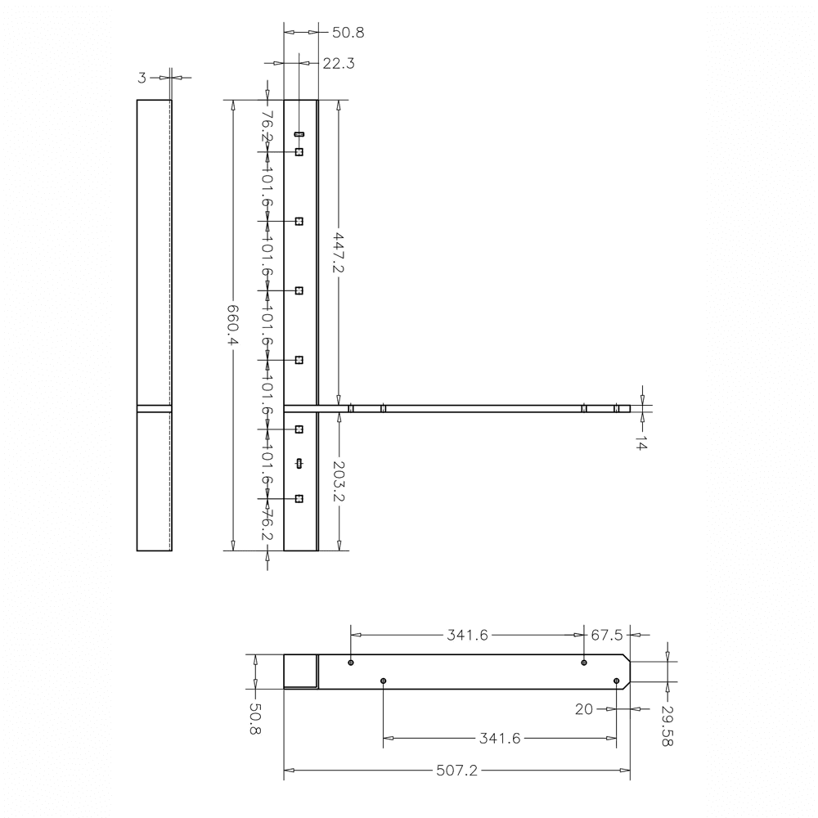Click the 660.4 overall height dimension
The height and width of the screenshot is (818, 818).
[232, 326]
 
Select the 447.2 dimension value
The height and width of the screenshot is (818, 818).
[338, 254]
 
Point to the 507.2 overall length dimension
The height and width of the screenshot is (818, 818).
[457, 770]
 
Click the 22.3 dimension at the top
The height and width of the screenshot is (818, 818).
[338, 63]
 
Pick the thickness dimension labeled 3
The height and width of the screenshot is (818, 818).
[142, 78]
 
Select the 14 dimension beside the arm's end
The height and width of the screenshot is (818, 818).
[640, 443]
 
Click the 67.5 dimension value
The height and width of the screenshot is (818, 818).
[607, 635]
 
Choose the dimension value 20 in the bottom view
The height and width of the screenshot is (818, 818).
[583, 709]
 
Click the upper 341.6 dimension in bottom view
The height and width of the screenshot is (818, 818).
[467, 635]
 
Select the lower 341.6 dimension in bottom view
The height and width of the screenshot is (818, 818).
[500, 738]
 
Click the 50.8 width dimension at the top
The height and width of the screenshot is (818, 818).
[348, 33]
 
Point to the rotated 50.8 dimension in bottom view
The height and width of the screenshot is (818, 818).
[254, 719]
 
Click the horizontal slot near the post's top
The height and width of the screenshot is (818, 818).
[299, 133]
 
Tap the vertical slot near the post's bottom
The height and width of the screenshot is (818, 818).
[299, 464]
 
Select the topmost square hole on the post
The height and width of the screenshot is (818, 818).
[299, 152]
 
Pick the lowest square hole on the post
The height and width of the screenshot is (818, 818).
[299, 499]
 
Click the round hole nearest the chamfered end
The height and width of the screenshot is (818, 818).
[616, 681]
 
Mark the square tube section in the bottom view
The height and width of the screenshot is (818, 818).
[300, 672]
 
